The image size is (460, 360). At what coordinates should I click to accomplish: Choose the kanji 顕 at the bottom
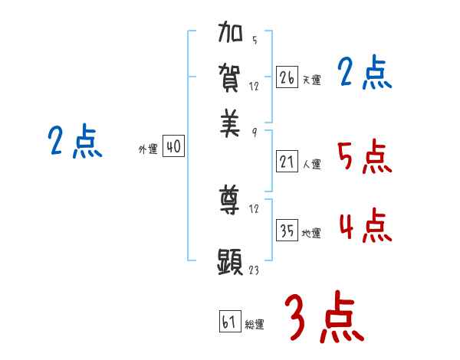pyautogui.click(x=231, y=262)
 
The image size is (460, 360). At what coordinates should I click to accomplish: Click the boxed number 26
pyautogui.click(x=287, y=77)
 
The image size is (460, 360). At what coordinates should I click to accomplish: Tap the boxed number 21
pyautogui.click(x=287, y=161)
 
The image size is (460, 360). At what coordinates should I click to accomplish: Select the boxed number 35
pyautogui.click(x=287, y=231)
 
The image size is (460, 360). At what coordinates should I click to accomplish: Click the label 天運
pyautogui.click(x=311, y=80)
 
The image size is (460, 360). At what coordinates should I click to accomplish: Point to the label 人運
pyautogui.click(x=311, y=163)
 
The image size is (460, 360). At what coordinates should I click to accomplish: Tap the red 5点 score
pyautogui.click(x=364, y=157)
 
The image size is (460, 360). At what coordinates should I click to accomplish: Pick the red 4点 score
pyautogui.click(x=364, y=225)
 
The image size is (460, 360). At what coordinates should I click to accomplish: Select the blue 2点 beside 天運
pyautogui.click(x=364, y=74)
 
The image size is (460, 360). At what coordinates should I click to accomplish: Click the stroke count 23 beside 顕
pyautogui.click(x=255, y=270)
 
